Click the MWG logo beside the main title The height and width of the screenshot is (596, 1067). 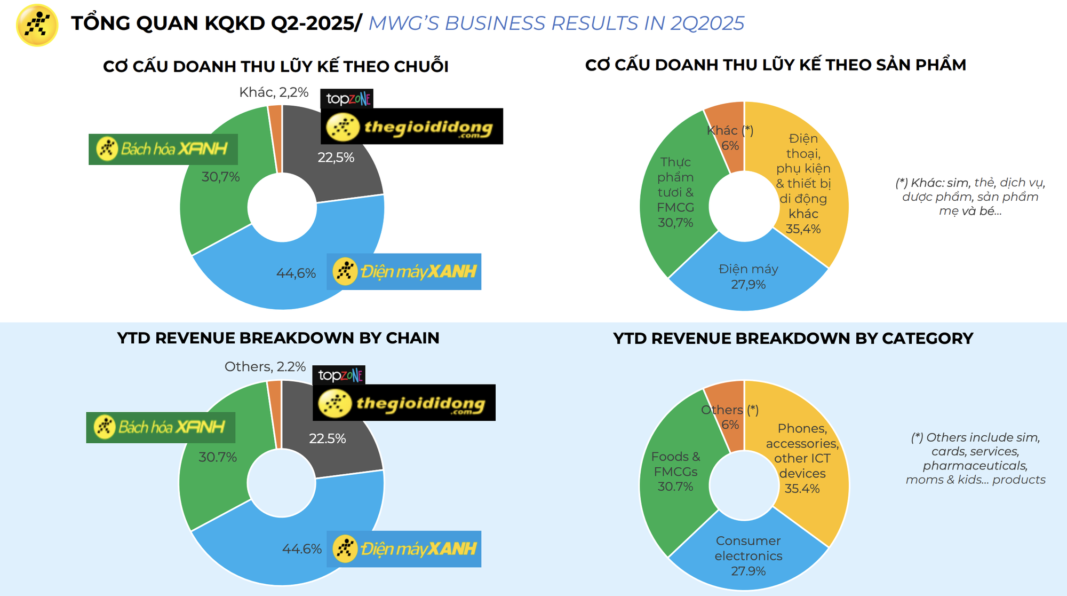[37, 25]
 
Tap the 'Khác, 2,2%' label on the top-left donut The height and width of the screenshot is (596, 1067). [274, 92]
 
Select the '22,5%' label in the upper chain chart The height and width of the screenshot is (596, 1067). [336, 158]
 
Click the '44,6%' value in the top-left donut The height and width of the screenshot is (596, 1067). [296, 273]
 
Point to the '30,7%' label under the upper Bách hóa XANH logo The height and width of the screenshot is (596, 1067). [220, 177]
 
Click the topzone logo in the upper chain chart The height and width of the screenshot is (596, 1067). [347, 99]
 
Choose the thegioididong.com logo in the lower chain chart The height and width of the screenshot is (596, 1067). [404, 403]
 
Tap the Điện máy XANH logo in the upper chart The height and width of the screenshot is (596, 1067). [404, 272]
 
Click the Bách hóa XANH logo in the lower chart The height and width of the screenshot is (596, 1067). [161, 427]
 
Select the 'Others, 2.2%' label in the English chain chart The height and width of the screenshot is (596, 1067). [265, 367]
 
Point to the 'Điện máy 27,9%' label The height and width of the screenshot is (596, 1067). [748, 277]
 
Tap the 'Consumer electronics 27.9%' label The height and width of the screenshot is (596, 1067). [748, 555]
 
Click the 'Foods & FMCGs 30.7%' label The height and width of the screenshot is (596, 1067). [675, 472]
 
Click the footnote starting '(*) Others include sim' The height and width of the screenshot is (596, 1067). [975, 458]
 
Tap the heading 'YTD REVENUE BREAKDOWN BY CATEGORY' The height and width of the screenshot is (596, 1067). [793, 339]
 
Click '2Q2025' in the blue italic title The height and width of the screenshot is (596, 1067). [707, 23]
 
